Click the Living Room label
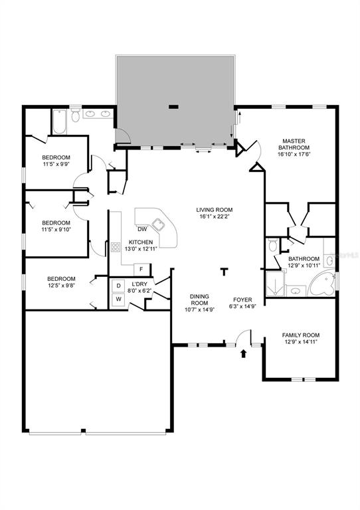(215, 210)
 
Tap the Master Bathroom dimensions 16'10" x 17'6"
(294, 154)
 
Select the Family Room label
(300, 335)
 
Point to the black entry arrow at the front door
(243, 353)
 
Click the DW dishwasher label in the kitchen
(142, 229)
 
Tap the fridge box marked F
(141, 270)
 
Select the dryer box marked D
(119, 286)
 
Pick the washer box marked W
(119, 299)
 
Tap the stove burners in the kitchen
(116, 247)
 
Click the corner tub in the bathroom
(321, 284)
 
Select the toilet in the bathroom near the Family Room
(273, 245)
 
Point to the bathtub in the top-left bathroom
(60, 122)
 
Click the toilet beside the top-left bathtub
(76, 116)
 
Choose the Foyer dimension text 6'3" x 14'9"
(242, 305)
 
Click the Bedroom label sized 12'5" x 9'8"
(61, 279)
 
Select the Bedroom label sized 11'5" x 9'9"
(56, 157)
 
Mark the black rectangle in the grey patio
(173, 106)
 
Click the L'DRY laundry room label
(139, 284)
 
